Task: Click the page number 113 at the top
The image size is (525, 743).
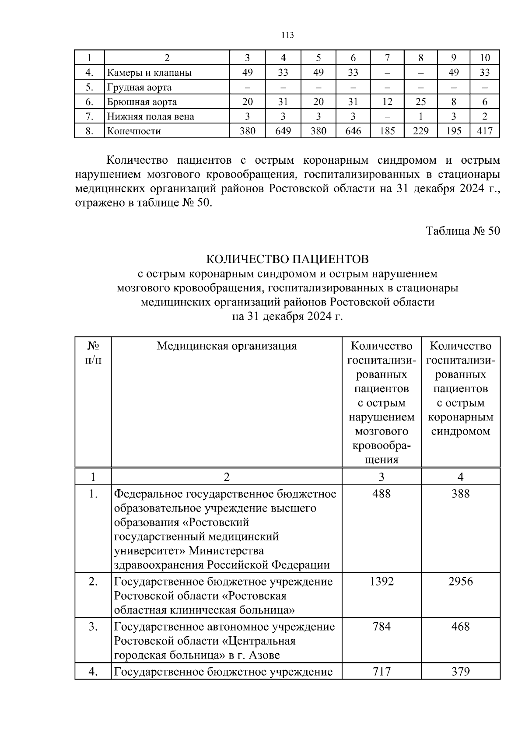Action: tap(287, 35)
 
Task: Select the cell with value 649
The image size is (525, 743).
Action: tap(283, 131)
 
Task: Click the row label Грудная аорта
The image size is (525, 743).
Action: tap(139, 87)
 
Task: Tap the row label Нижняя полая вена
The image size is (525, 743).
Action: tap(150, 116)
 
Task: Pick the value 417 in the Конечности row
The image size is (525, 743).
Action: tap(484, 131)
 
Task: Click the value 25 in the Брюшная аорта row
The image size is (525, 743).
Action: tap(420, 102)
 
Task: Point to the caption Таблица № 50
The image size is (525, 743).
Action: tap(463, 231)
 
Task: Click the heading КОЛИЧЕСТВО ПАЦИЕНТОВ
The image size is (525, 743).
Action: tap(287, 259)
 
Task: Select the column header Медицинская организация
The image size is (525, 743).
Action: tap(226, 346)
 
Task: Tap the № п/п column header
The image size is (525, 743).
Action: tap(93, 353)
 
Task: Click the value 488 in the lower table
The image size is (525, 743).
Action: tap(381, 494)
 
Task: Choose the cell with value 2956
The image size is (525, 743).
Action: tap(460, 582)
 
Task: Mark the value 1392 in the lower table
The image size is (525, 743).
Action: tap(381, 582)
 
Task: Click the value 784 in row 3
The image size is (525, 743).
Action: tap(381, 627)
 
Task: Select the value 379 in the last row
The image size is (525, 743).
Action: tap(460, 671)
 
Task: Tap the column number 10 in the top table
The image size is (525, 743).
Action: tap(484, 58)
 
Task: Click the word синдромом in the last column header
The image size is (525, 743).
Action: tap(460, 431)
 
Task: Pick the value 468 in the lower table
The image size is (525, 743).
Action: tap(460, 627)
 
